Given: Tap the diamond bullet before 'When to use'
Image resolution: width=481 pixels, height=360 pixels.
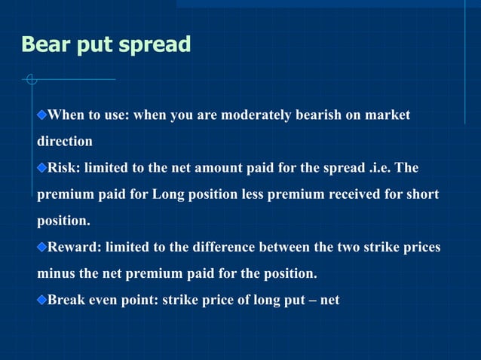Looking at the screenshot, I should coord(42,114).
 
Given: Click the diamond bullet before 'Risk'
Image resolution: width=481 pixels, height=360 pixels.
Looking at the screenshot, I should coord(42,167).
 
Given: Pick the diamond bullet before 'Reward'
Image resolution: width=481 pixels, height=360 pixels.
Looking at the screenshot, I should coord(42,246).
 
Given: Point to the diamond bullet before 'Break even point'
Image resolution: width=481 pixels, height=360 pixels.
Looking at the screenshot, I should coord(42,300).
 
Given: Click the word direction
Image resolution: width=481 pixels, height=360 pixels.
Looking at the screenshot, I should coord(65,141).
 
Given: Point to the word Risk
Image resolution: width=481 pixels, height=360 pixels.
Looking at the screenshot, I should coord(63,167).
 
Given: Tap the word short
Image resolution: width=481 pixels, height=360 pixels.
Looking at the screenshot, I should coord(422,194).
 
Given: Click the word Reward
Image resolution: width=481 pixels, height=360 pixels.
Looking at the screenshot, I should coord(73,246).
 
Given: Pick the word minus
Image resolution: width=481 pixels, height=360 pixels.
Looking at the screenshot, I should coord(54,273).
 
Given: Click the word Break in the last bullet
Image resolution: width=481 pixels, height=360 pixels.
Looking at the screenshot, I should coord(66,300).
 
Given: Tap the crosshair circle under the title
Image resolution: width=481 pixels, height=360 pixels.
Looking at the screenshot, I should coord(30,78).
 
